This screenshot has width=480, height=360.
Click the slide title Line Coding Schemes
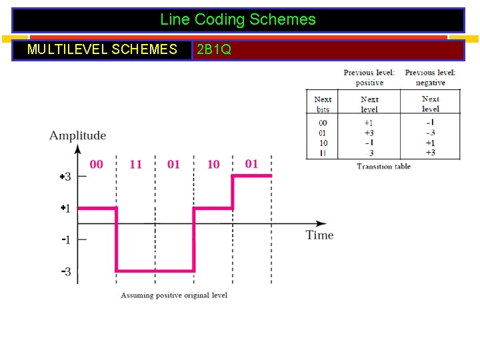[x=238, y=20]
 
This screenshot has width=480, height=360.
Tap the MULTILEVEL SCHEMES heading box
[x=102, y=49]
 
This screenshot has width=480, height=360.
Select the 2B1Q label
[x=214, y=50]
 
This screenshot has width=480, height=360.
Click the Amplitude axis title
[x=77, y=135]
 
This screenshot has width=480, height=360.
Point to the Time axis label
[x=319, y=235]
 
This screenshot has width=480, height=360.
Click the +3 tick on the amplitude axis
[x=65, y=177]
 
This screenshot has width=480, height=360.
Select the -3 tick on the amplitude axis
[x=66, y=271]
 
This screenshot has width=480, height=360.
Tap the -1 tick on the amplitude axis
[x=66, y=239]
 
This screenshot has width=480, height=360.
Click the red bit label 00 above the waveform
[x=96, y=164]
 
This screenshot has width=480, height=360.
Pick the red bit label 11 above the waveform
[x=135, y=164]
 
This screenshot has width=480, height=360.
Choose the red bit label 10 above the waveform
[x=213, y=164]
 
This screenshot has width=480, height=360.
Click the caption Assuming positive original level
[x=174, y=295]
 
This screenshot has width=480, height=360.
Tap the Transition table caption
[x=383, y=167]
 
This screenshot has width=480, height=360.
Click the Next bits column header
[x=323, y=104]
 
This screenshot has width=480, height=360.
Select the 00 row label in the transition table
[x=323, y=123]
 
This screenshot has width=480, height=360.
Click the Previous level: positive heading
[x=369, y=77]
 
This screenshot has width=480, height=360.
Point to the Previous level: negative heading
[x=430, y=77]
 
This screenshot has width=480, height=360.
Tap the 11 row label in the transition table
[x=323, y=153]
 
